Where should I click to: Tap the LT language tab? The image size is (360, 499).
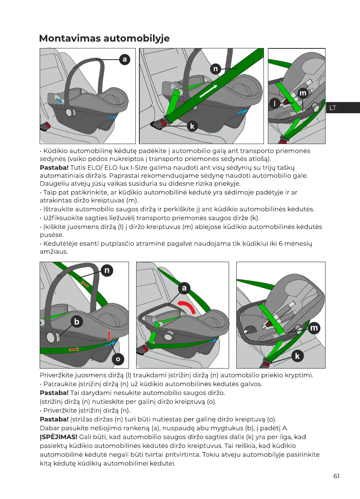click(x=332, y=108)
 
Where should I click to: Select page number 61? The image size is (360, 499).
click(x=336, y=476)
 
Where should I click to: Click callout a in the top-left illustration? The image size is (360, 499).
click(x=125, y=59)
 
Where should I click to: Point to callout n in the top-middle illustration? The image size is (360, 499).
click(x=215, y=69)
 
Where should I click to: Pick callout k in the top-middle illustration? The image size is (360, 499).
click(x=192, y=126)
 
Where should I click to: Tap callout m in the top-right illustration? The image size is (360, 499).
click(x=303, y=93)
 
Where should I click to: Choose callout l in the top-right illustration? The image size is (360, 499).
click(x=274, y=104)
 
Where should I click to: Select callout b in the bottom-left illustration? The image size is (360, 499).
click(x=76, y=321)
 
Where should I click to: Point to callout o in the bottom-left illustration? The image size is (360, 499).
click(x=118, y=359)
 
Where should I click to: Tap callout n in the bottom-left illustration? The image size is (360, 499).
click(x=107, y=271)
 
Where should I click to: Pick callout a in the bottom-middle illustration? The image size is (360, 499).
click(x=184, y=288)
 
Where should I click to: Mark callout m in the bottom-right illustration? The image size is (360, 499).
click(x=314, y=328)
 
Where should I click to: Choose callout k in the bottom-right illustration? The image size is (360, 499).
click(x=298, y=356)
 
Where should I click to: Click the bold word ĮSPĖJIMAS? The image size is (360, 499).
click(x=58, y=437)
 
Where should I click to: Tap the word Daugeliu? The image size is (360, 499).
click(x=53, y=184)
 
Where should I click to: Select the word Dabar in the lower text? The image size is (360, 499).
click(x=49, y=428)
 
